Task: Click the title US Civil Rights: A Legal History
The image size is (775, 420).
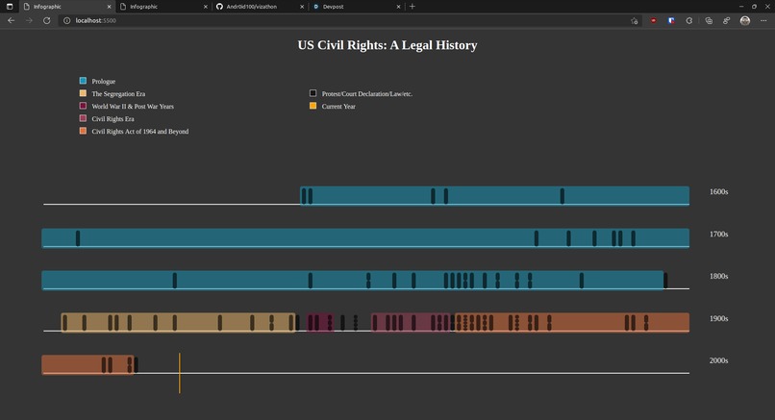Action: tap(387, 45)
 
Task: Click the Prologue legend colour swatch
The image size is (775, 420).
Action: tap(83, 81)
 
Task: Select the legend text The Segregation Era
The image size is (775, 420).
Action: tap(118, 93)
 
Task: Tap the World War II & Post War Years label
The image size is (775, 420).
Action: tap(133, 106)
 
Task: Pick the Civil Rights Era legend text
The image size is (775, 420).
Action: tap(112, 118)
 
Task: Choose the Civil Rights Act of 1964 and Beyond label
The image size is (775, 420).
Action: tap(139, 131)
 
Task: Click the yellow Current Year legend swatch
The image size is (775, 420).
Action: tap(312, 106)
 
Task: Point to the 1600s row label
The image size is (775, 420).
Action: tap(718, 192)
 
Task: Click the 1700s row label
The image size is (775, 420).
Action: tap(718, 235)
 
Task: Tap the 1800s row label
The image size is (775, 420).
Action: tap(718, 277)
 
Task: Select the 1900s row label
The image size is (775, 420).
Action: tap(718, 319)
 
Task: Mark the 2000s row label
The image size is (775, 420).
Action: tap(718, 360)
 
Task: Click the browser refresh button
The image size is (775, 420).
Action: tap(47, 20)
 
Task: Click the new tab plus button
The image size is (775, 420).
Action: tap(412, 7)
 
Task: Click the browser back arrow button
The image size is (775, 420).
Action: tap(12, 20)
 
